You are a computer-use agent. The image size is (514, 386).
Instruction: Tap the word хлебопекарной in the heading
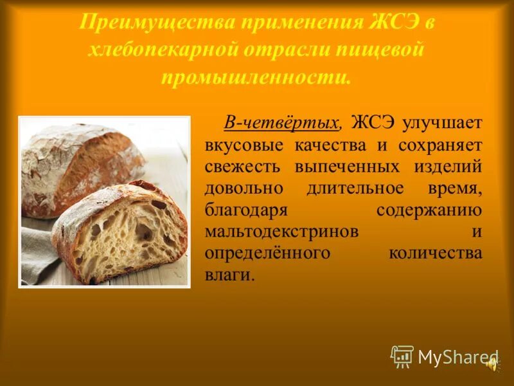coord(164,51)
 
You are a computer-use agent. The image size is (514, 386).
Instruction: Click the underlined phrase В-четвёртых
coord(281,122)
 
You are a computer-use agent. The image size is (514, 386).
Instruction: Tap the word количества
coord(435,253)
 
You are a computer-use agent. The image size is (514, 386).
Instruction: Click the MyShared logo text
coord(456,358)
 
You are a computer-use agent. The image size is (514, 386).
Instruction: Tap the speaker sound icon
coord(492,363)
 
